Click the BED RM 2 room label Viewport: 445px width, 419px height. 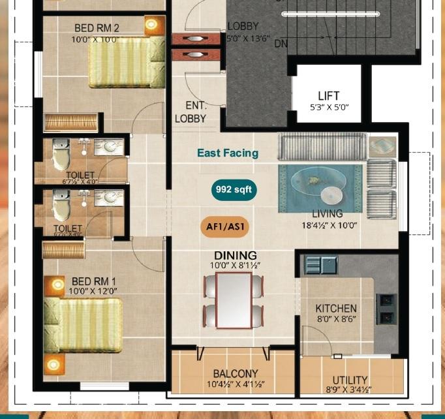pos(97,28)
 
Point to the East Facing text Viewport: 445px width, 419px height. pos(228,153)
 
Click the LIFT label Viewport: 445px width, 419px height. pos(328,96)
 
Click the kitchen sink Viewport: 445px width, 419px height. pos(320,264)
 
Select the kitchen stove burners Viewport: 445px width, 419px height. pos(386,309)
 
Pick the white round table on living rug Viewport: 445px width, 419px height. pos(331,195)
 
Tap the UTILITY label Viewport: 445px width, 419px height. pos(350,379)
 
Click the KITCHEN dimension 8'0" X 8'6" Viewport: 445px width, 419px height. pos(336,319)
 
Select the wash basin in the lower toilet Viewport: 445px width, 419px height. pos(108,197)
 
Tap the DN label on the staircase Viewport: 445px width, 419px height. pos(281,44)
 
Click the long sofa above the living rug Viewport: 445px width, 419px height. pos(321,146)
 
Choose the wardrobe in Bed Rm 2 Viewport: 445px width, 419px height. pos(70,122)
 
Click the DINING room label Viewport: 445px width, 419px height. pos(236,255)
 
